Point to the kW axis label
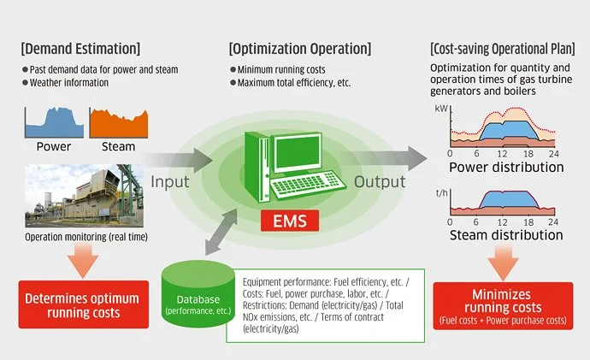pos(441,109)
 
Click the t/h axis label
pos(441,193)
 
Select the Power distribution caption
pos(506,167)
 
